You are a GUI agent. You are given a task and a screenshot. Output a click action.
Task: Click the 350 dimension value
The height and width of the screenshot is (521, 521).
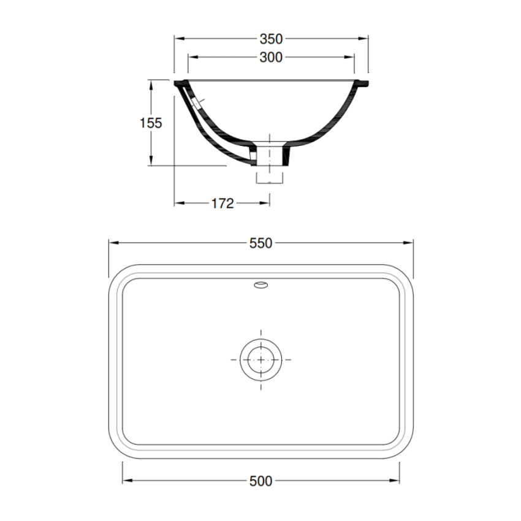(271, 39)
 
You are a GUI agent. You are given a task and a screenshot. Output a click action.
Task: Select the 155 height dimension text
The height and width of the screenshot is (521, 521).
(151, 123)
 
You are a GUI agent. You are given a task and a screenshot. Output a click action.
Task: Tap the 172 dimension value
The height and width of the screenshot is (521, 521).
(222, 203)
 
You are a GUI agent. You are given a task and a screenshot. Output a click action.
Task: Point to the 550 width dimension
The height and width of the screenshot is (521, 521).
(260, 243)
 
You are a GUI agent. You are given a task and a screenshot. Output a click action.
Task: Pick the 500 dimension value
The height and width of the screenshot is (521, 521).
(260, 481)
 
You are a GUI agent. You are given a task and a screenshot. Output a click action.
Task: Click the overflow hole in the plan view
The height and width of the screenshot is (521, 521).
(260, 284)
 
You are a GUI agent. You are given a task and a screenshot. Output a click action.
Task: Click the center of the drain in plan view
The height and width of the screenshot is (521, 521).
(261, 359)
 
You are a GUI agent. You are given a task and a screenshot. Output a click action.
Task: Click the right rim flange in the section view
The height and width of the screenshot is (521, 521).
(363, 82)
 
